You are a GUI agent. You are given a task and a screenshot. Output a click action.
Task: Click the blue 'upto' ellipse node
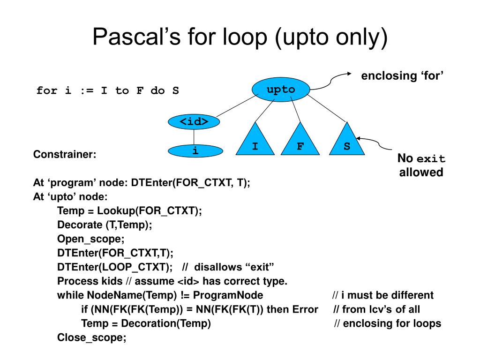coord(281,90)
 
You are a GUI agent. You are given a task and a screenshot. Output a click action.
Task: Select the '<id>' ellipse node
coord(194,121)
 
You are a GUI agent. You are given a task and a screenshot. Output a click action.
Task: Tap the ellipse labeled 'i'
coord(195,151)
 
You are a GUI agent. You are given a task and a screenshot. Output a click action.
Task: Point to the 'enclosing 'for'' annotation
coord(402,76)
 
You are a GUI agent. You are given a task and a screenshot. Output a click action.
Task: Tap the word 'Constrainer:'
coord(65,154)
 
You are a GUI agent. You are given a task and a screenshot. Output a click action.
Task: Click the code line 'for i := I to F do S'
coord(108,90)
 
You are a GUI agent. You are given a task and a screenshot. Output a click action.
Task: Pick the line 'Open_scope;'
coord(91,239)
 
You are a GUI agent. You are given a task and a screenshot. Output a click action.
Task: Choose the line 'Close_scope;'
coord(92,337)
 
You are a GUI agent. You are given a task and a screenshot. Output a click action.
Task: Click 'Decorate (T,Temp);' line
coord(105,225)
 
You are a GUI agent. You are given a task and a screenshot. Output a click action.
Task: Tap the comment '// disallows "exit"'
coord(228,267)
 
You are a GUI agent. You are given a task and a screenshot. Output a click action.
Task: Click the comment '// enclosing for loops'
coord(388,323)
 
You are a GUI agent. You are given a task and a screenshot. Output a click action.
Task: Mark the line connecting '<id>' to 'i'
coord(194,136)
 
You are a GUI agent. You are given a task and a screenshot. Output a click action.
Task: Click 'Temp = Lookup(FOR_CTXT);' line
coord(129,211)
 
